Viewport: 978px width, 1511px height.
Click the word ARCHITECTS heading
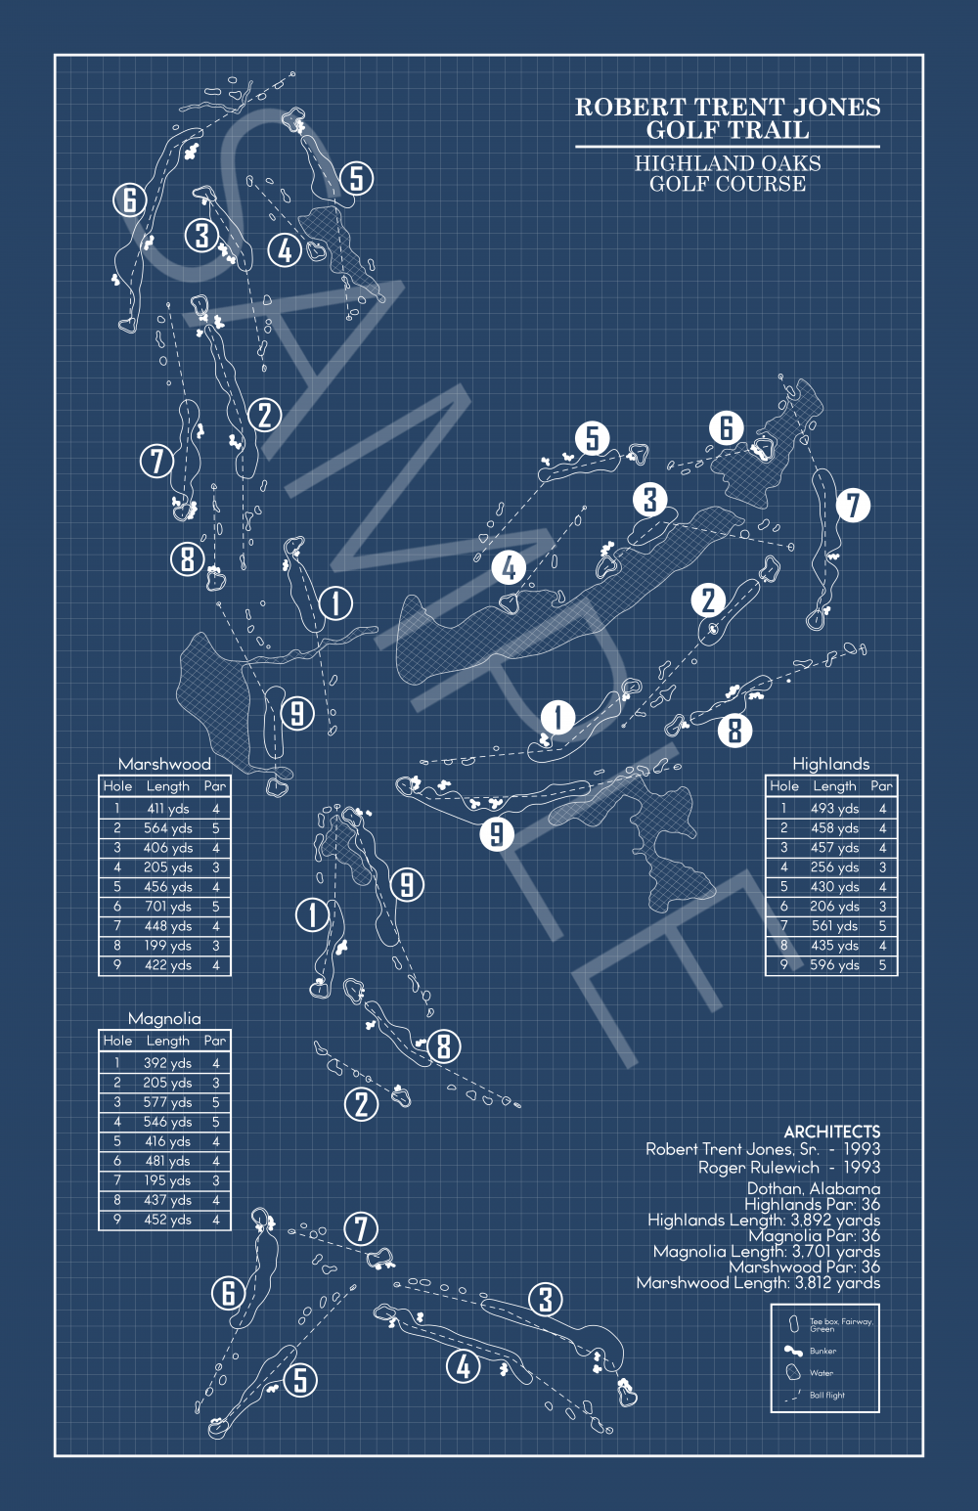click(x=831, y=1132)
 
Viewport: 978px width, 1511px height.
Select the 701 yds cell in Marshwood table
click(x=168, y=907)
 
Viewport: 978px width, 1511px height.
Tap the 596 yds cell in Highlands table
click(x=834, y=964)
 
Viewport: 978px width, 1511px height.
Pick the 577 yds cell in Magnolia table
click(x=167, y=1102)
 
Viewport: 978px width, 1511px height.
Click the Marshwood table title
click(x=164, y=764)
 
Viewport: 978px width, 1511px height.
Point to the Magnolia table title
click(x=164, y=1018)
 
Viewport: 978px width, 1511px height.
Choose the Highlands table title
click(x=830, y=764)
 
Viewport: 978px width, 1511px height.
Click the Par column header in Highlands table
click(x=881, y=785)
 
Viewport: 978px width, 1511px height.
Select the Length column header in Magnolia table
click(x=167, y=1041)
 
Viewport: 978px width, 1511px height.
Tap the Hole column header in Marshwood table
click(x=117, y=786)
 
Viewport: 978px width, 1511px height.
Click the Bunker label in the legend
click(x=822, y=1351)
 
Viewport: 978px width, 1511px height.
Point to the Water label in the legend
click(x=822, y=1373)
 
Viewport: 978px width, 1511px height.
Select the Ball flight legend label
click(x=827, y=1396)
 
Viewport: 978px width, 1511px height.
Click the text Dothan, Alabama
click(x=813, y=1188)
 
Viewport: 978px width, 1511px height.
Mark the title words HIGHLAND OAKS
click(x=728, y=163)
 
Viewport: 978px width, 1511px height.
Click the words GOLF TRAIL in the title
click(x=728, y=130)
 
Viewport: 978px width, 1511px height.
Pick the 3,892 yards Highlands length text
click(x=834, y=1220)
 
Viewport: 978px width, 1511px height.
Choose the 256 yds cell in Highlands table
click(x=834, y=867)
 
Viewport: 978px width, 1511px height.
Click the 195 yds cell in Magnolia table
click(x=167, y=1180)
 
